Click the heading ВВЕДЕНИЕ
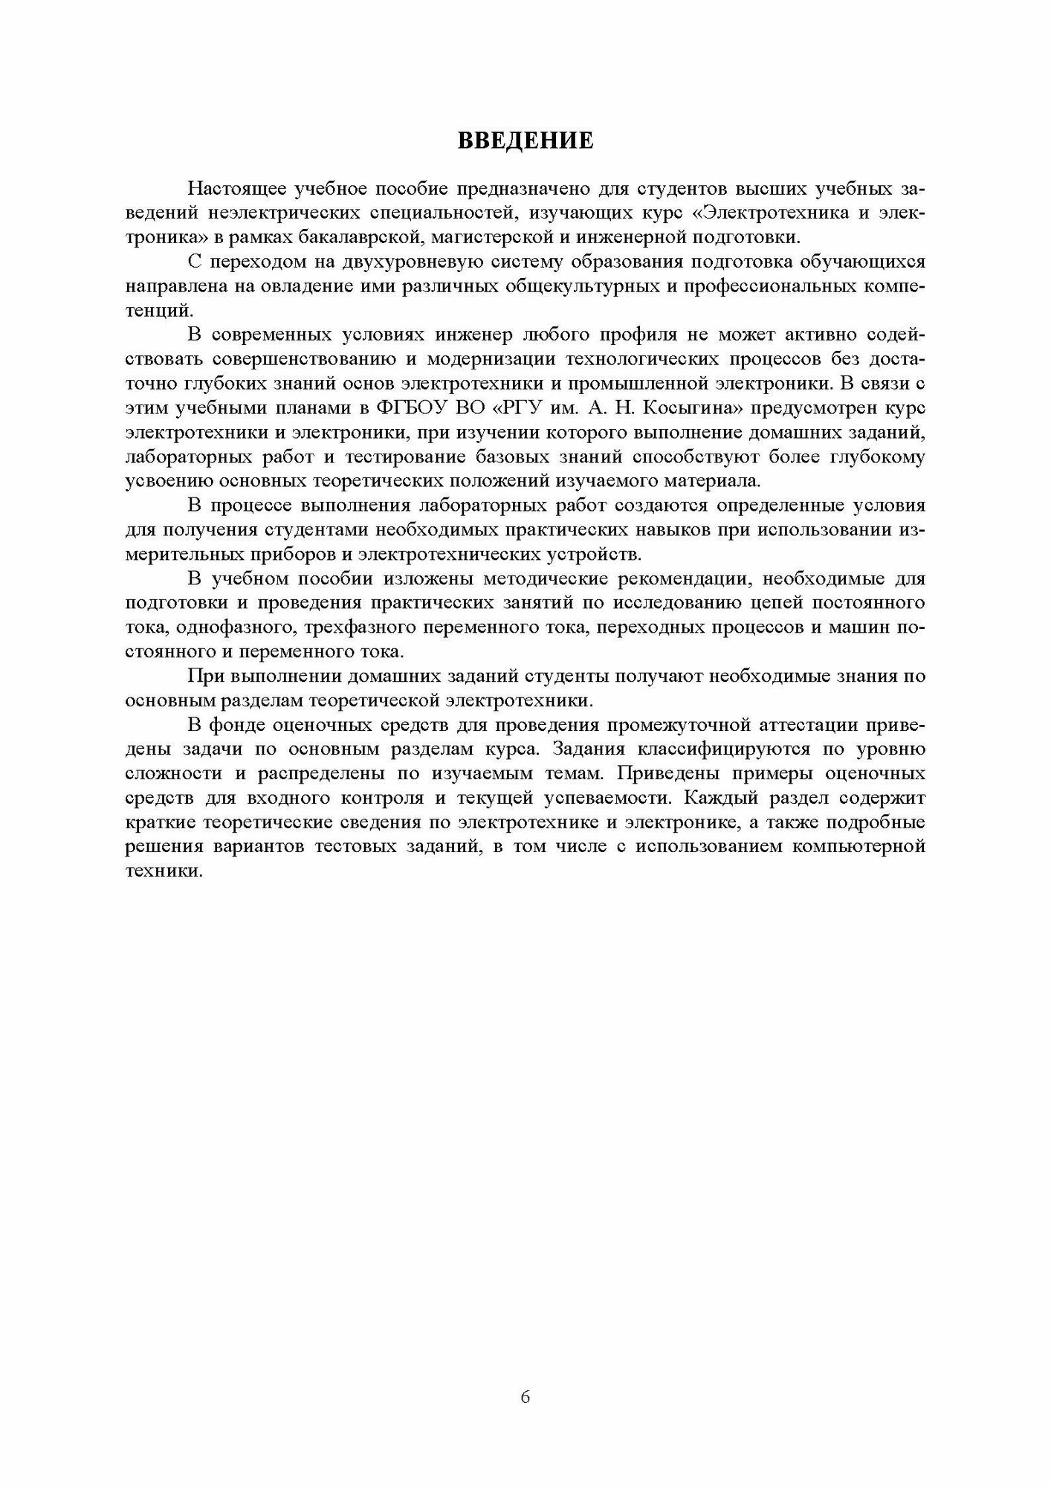click(x=525, y=141)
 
